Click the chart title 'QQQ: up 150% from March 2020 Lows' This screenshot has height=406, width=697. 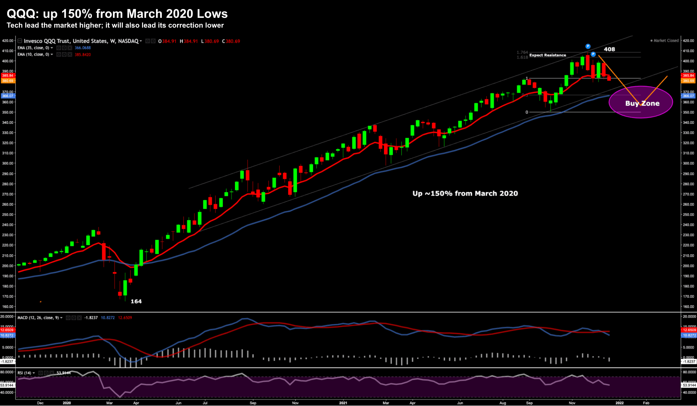[x=117, y=14]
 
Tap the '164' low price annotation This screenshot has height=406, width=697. [x=136, y=301]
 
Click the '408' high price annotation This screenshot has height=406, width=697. [x=609, y=49]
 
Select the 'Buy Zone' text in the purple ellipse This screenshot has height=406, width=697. [x=642, y=103]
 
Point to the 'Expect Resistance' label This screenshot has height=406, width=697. [x=548, y=55]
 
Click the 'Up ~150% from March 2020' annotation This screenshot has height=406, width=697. [x=465, y=193]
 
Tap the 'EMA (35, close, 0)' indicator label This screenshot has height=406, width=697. [x=33, y=48]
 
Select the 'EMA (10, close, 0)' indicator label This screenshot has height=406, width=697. [x=33, y=54]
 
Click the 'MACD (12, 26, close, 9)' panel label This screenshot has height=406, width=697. [x=38, y=318]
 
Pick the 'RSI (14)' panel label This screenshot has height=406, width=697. [x=24, y=373]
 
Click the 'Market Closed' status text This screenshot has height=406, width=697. [x=666, y=41]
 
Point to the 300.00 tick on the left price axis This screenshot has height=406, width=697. [x=8, y=163]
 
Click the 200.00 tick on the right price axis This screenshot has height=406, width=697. [x=688, y=266]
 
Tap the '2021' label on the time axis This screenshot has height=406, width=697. [x=343, y=403]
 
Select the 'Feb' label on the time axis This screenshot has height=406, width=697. [x=646, y=403]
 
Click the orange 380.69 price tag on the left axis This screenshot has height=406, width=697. [x=8, y=81]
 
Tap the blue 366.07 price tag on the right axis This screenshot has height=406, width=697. [x=689, y=96]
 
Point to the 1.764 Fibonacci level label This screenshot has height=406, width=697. [x=522, y=52]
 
